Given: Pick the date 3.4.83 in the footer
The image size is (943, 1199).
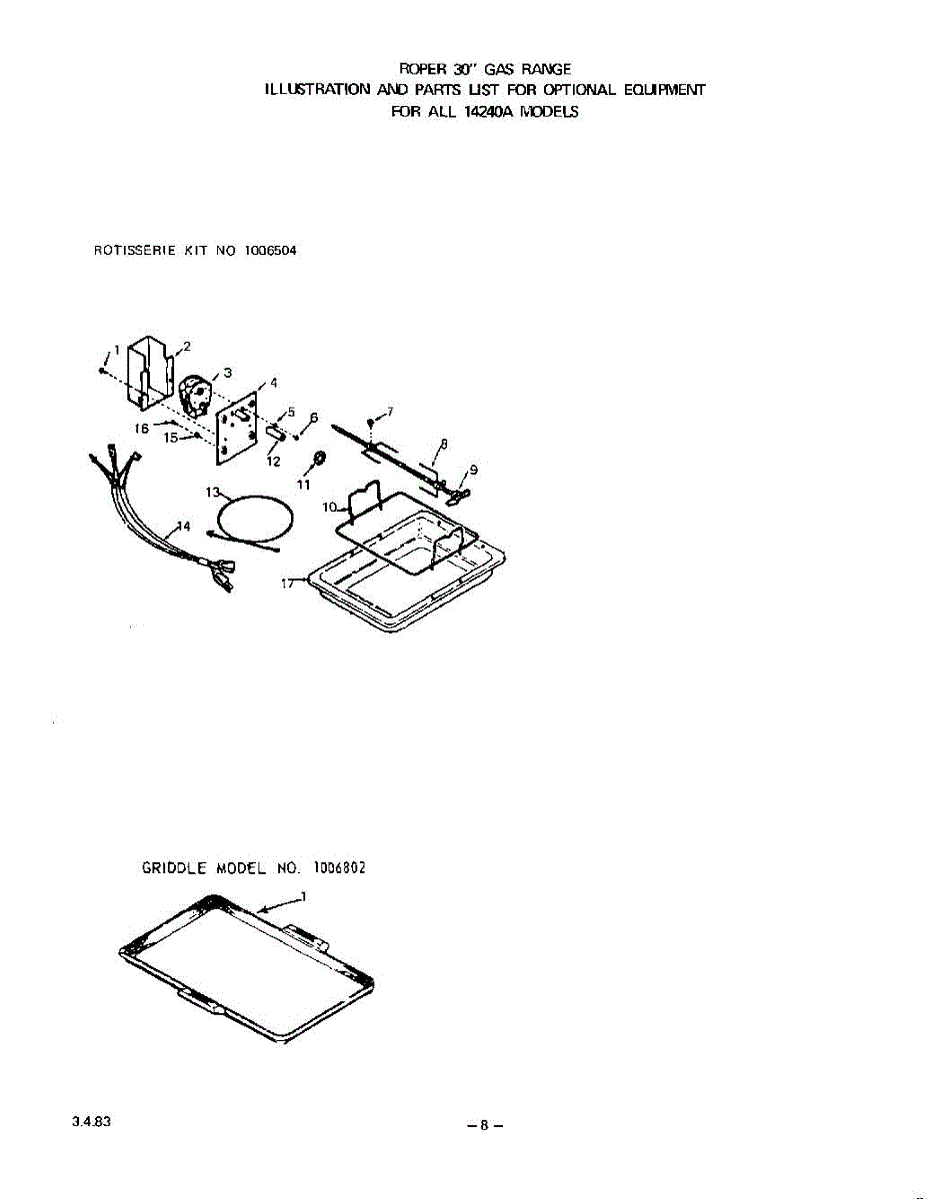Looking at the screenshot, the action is pyautogui.click(x=91, y=1121).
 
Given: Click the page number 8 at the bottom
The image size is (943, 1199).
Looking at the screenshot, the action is pyautogui.click(x=483, y=1124).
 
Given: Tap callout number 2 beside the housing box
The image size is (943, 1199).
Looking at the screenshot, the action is pyautogui.click(x=186, y=346).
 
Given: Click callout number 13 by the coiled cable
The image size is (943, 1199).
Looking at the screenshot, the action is pyautogui.click(x=212, y=492).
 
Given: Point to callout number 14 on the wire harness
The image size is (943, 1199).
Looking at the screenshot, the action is pyautogui.click(x=182, y=527).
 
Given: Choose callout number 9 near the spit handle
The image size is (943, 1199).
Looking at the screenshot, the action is pyautogui.click(x=472, y=470).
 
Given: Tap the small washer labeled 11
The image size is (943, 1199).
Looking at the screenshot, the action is pyautogui.click(x=319, y=460).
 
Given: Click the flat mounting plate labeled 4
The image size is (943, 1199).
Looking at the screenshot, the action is pyautogui.click(x=236, y=428).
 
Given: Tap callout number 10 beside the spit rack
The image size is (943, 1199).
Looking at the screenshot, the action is pyautogui.click(x=329, y=507).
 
